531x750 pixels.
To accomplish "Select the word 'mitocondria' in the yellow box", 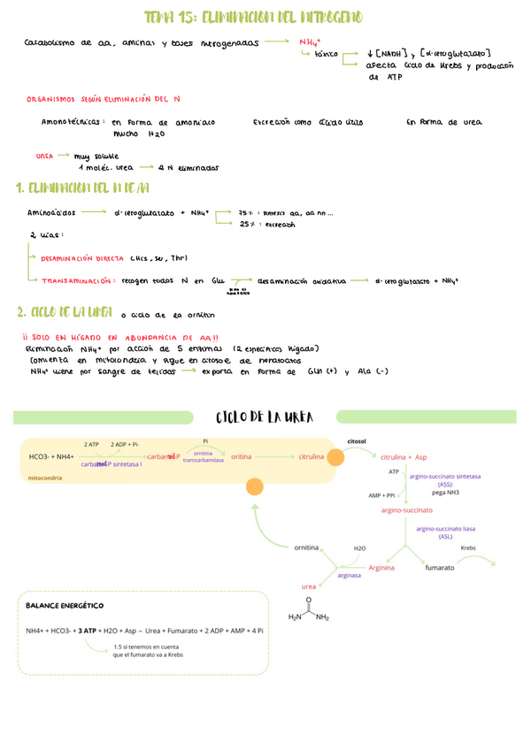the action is (52, 477).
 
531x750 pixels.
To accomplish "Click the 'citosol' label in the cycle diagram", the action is (357, 440).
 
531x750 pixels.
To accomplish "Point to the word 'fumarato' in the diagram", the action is (440, 568).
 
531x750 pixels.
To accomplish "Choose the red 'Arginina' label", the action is (379, 568).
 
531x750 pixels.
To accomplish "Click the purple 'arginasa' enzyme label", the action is (349, 575).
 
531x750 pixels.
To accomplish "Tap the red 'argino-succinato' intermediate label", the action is (406, 510).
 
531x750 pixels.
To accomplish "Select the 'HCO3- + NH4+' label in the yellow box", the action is (51, 456).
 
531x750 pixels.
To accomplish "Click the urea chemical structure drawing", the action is (309, 609).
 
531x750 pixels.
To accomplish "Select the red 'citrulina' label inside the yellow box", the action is (311, 456).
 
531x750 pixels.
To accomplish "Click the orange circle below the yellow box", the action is (255, 486).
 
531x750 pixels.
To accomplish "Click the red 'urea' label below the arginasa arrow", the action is (309, 586).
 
